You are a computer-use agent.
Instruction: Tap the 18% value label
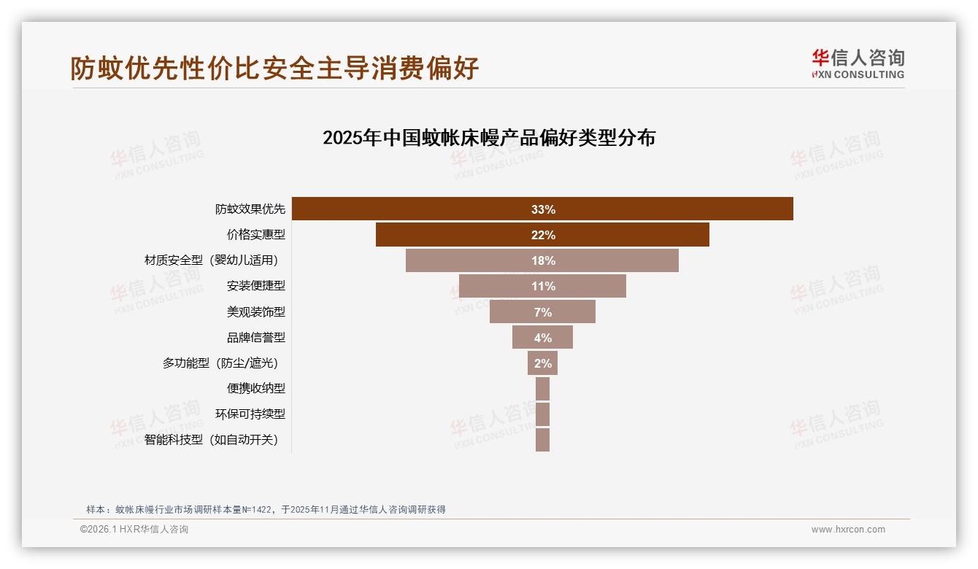543,260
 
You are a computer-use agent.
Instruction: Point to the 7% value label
543,312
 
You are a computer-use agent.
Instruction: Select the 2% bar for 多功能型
542,363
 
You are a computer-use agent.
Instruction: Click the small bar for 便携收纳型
542,389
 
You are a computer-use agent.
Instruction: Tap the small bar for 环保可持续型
542,414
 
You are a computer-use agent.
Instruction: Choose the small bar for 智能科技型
542,440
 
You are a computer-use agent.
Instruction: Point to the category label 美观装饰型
255,312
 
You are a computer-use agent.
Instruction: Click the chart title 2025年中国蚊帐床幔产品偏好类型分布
489,138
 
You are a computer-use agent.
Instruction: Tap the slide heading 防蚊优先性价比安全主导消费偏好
274,68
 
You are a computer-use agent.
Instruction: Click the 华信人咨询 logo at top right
858,63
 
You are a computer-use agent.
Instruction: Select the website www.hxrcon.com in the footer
848,530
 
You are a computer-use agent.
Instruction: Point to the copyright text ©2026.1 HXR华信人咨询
134,530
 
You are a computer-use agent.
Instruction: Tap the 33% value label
543,209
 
